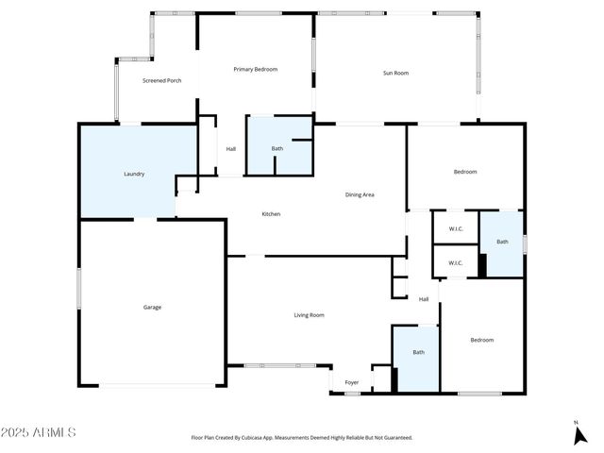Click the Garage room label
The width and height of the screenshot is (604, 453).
(x=152, y=307)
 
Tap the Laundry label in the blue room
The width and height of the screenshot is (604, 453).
(x=134, y=174)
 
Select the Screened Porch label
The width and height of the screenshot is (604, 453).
(x=161, y=80)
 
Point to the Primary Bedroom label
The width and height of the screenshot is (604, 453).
(x=255, y=69)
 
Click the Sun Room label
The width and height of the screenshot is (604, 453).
(x=395, y=73)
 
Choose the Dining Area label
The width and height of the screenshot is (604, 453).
(x=360, y=194)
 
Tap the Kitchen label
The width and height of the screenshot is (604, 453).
(x=271, y=214)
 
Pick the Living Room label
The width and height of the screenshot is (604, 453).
(x=309, y=315)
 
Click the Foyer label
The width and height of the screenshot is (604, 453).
(x=351, y=383)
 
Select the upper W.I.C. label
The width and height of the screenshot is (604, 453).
(x=455, y=228)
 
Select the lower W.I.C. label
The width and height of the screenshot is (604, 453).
(x=455, y=263)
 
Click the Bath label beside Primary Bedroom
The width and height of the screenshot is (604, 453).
(x=277, y=148)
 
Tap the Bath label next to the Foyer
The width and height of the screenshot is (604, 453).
(x=418, y=353)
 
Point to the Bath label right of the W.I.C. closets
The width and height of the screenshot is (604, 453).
(x=502, y=242)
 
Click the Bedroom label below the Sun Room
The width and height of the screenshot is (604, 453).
(x=465, y=171)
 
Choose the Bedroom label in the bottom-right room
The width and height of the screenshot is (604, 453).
(x=481, y=340)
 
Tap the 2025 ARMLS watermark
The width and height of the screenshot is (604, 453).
(x=40, y=432)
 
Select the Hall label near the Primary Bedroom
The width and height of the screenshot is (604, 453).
(x=231, y=148)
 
